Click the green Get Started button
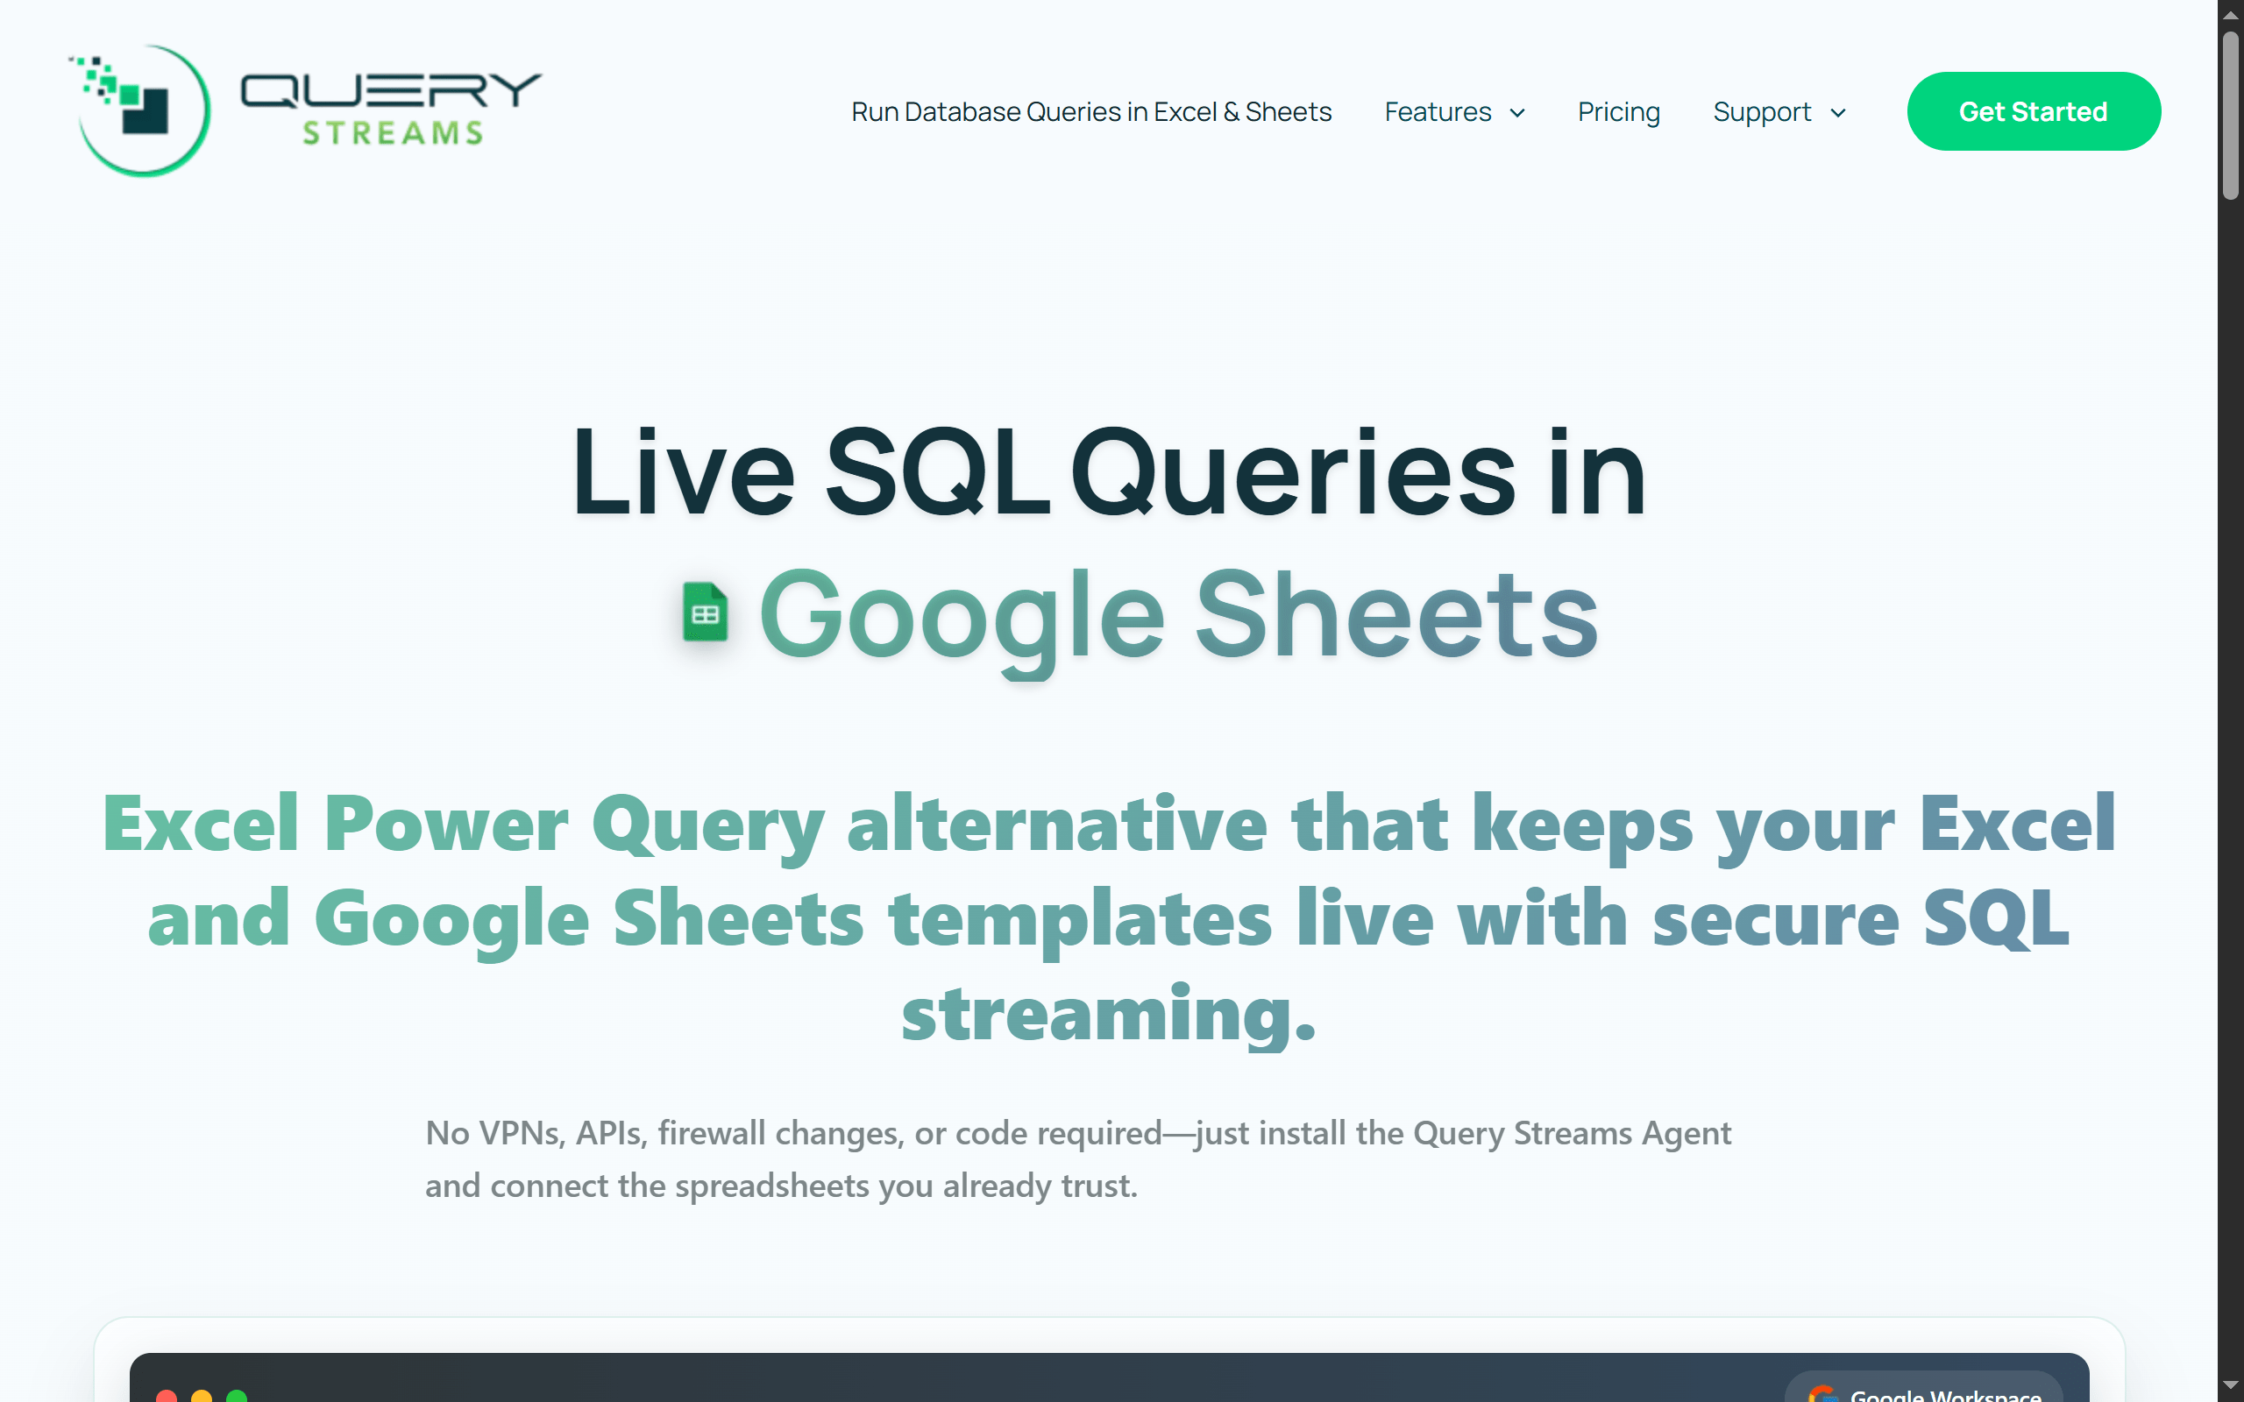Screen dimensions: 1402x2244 click(2033, 111)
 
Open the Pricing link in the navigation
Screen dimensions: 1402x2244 click(1618, 112)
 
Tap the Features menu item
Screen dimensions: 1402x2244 click(1438, 112)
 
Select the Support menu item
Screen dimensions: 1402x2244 click(1761, 112)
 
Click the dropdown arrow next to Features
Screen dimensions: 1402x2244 click(1518, 113)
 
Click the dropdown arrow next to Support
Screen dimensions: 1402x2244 click(1838, 113)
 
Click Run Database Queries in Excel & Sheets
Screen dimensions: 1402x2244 click(1090, 112)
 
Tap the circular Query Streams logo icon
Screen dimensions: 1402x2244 click(143, 110)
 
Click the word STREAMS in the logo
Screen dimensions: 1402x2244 click(394, 133)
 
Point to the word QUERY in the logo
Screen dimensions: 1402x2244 click(390, 91)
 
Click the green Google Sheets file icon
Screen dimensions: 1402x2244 click(705, 612)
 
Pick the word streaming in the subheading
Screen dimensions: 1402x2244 click(1108, 1015)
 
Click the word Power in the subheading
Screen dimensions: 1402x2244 click(445, 824)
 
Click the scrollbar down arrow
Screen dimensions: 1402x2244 click(2230, 1385)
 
